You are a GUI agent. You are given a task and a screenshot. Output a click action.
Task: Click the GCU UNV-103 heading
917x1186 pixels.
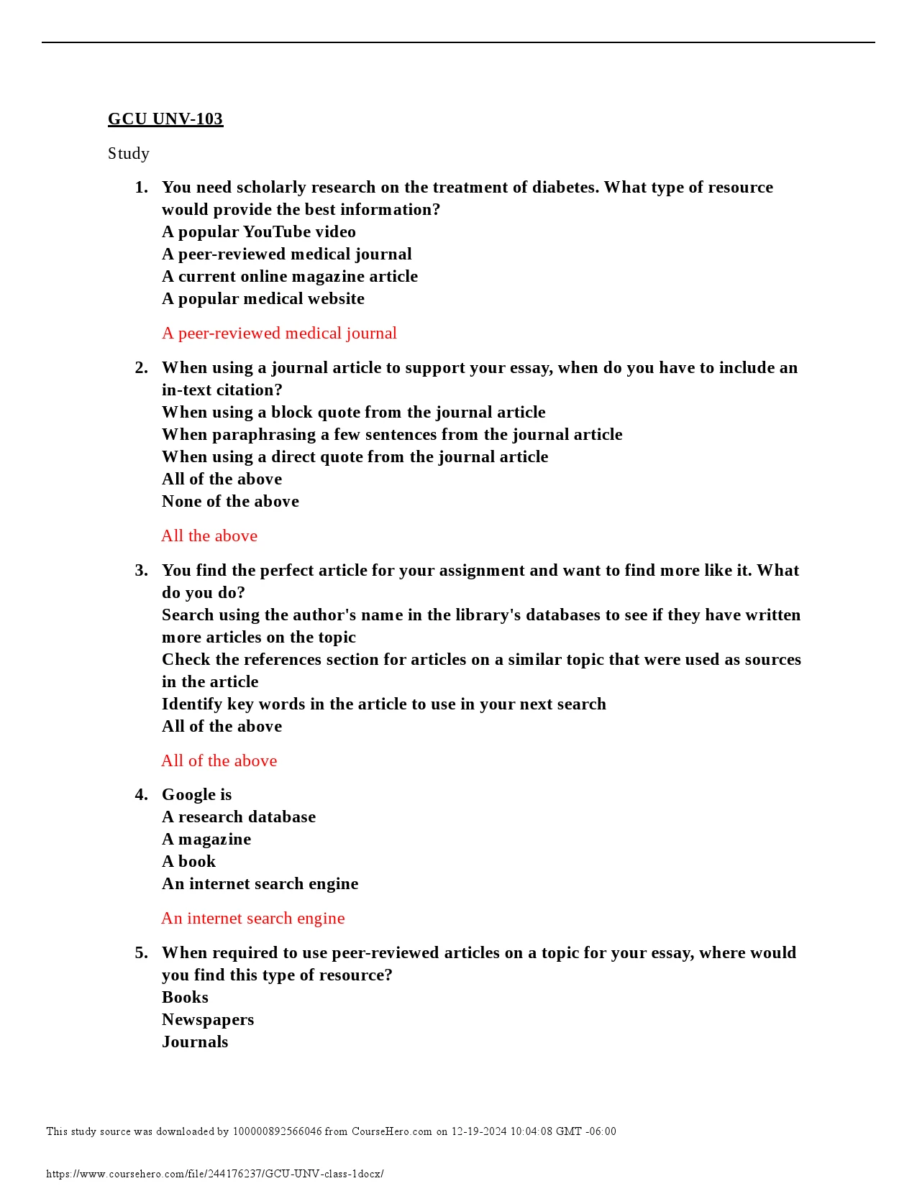165,119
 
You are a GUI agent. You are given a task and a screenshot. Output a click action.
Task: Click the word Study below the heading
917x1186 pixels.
129,154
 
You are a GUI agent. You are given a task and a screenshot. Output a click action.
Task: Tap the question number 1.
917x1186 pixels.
141,188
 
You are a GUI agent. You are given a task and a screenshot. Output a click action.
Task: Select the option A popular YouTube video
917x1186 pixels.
258,232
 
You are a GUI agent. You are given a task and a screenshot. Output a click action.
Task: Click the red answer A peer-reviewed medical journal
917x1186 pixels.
279,334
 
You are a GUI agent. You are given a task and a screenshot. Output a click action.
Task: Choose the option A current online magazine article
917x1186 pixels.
289,277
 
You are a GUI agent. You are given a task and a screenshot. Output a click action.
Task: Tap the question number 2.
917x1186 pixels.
141,368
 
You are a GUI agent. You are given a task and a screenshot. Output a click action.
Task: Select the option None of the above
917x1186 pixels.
230,502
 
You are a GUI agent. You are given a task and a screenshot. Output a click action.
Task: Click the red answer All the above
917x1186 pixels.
209,536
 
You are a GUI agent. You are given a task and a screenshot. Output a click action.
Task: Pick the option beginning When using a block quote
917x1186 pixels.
353,413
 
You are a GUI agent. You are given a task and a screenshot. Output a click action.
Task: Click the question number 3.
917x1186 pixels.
141,571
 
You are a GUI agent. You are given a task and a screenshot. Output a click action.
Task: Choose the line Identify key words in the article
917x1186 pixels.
383,704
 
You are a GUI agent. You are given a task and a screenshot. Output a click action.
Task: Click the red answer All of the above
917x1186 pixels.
219,761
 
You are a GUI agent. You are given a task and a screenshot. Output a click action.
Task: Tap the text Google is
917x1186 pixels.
196,795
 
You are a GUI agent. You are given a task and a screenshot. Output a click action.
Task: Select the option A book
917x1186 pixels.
188,862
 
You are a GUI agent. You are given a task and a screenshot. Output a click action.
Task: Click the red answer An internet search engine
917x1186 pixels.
252,919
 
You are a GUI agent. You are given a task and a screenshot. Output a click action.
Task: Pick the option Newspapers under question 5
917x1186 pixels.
207,1020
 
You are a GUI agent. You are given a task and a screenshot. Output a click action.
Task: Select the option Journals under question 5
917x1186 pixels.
194,1042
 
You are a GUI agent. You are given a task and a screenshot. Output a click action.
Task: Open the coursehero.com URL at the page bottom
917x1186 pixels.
214,1174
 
